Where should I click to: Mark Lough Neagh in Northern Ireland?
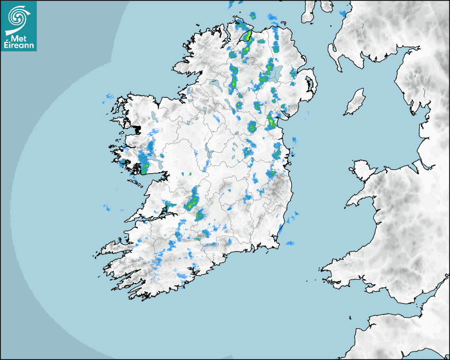[276, 73]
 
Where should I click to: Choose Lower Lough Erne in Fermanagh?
[214, 84]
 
